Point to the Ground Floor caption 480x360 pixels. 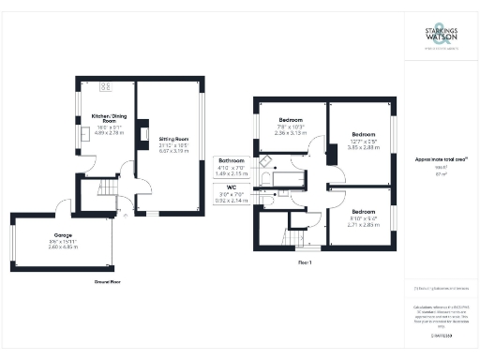pyautogui.click(x=111, y=280)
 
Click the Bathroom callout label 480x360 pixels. pyautogui.click(x=232, y=159)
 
